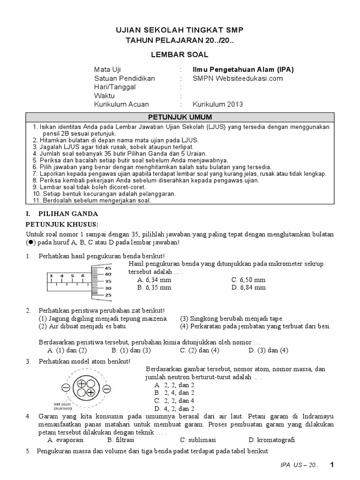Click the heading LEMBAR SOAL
[180, 55]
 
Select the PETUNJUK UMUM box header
[180, 117]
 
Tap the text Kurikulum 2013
[218, 104]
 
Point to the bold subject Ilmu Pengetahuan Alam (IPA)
[243, 69]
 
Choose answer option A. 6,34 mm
[154, 280]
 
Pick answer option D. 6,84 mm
[248, 287]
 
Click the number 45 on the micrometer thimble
[108, 268]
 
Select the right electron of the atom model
[106, 389]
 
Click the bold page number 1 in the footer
[332, 465]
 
